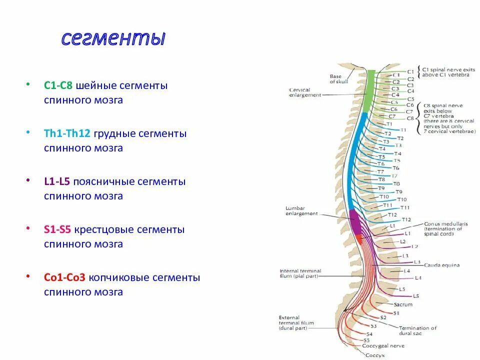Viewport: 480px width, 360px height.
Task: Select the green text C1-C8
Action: pos(58,86)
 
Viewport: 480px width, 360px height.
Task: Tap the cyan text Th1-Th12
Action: pos(67,134)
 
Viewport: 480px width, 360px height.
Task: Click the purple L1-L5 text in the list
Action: pos(56,182)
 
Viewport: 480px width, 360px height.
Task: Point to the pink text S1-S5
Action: pos(56,230)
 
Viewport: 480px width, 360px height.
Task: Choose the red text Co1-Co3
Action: pos(64,277)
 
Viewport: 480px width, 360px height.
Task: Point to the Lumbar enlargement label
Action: pos(301,210)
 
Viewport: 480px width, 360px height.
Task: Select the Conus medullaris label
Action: pos(446,224)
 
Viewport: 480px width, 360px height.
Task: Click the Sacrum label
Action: pos(403,304)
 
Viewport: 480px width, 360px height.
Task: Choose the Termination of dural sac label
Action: pos(417,330)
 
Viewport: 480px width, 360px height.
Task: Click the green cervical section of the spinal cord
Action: pos(369,90)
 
